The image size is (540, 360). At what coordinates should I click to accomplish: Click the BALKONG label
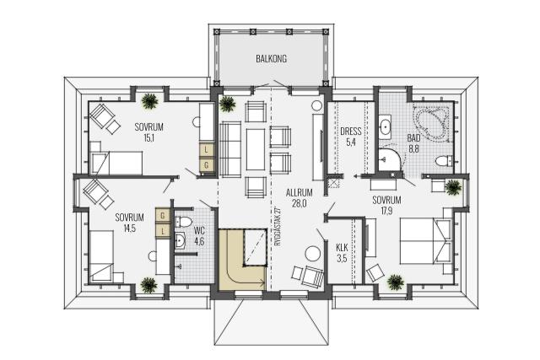(271, 59)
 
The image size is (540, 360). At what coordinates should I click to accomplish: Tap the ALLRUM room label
(299, 193)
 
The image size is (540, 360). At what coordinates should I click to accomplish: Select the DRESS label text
(351, 132)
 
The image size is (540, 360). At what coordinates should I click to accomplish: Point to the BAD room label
(413, 138)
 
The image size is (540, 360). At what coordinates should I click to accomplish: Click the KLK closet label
(342, 248)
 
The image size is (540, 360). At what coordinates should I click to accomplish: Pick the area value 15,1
(148, 138)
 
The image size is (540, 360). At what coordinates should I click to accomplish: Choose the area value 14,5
(129, 228)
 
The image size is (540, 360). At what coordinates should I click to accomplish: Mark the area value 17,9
(386, 211)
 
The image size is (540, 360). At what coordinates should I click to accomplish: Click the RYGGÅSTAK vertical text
(278, 226)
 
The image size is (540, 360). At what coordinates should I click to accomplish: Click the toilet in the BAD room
(444, 161)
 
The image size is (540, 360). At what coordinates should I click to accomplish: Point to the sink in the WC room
(180, 240)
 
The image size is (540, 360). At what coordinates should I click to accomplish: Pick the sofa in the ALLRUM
(230, 149)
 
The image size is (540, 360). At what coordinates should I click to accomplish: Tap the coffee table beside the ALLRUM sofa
(256, 149)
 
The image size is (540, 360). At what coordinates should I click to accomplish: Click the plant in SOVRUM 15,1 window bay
(149, 101)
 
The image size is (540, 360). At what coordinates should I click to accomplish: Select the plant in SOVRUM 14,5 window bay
(149, 285)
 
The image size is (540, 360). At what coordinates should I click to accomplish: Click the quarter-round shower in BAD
(390, 159)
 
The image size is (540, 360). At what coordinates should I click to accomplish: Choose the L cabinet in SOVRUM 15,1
(206, 150)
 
